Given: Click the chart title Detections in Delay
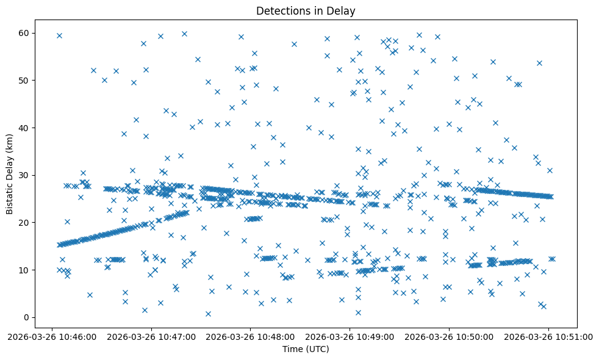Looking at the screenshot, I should point(305,11).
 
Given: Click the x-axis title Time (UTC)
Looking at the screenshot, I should point(305,349).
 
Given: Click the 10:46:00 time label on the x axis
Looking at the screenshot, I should point(52,336).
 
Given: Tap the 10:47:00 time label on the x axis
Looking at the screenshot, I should point(152,336).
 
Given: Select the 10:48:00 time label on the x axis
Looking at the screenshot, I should point(251,336).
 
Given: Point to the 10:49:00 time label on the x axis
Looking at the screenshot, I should point(350,336).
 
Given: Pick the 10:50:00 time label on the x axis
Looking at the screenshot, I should point(450,336).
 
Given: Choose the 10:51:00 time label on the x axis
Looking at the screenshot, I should point(548,336).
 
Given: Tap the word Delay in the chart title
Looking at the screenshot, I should point(342,11).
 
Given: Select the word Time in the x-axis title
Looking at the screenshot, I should point(292,349).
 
